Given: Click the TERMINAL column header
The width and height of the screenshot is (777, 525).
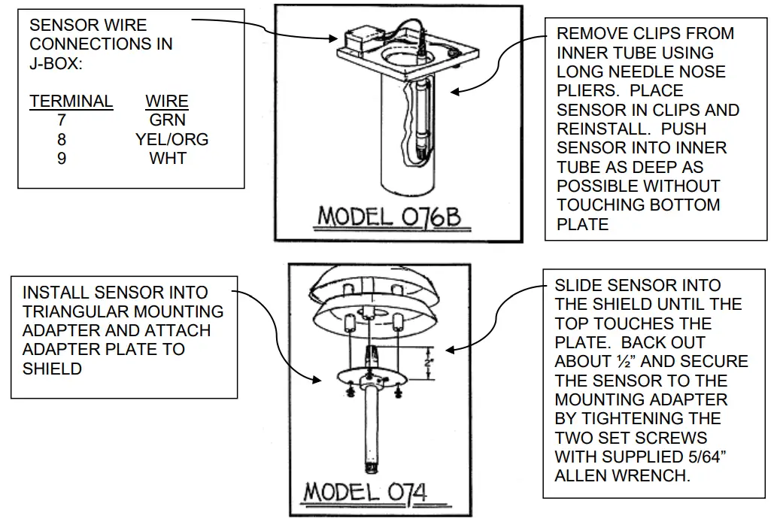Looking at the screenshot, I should click(x=71, y=101).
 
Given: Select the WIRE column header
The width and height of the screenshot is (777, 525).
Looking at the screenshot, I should click(x=167, y=101).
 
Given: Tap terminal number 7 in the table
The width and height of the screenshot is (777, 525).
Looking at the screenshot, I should click(x=62, y=120).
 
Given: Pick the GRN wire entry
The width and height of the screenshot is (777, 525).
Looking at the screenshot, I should click(x=167, y=120).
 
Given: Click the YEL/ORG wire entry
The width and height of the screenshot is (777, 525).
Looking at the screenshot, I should click(x=171, y=139).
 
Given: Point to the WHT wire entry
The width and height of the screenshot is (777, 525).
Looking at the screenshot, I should click(x=167, y=159).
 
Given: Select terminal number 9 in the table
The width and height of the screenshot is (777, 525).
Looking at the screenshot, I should click(x=62, y=159).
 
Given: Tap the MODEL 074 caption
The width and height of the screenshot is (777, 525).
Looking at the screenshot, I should click(x=365, y=493).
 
